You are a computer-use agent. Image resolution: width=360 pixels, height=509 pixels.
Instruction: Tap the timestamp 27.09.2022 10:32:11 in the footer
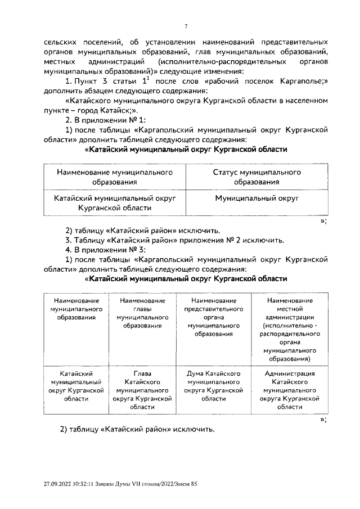pos(70,484)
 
